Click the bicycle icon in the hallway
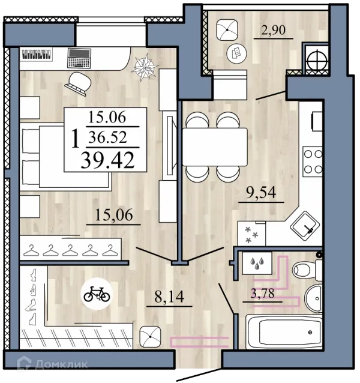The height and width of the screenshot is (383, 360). [x=97, y=294]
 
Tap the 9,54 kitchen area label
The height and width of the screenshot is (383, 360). [x=261, y=193]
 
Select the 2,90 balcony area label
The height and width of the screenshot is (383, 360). [x=273, y=30]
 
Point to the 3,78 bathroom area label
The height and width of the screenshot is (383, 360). [x=262, y=294]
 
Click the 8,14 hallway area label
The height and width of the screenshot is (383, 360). [x=169, y=297]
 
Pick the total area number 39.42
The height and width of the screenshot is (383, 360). [x=107, y=160]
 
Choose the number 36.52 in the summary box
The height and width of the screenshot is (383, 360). [x=107, y=137]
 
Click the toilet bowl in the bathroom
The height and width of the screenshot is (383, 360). [x=307, y=270]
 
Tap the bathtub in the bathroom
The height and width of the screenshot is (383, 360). [x=284, y=332]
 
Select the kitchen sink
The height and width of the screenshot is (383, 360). [x=305, y=225]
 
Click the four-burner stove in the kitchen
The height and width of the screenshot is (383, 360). [x=313, y=161]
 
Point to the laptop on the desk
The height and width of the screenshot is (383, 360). [x=79, y=58]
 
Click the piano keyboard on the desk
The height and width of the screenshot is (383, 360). [x=37, y=55]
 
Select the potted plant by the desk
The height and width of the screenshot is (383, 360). [x=145, y=67]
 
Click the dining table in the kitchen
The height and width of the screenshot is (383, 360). [x=215, y=147]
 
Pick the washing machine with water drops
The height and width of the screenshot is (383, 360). [x=257, y=263]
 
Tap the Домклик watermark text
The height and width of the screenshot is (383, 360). [x=61, y=364]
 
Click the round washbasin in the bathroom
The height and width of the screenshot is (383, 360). [x=314, y=298]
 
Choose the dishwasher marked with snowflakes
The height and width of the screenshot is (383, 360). [x=251, y=234]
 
